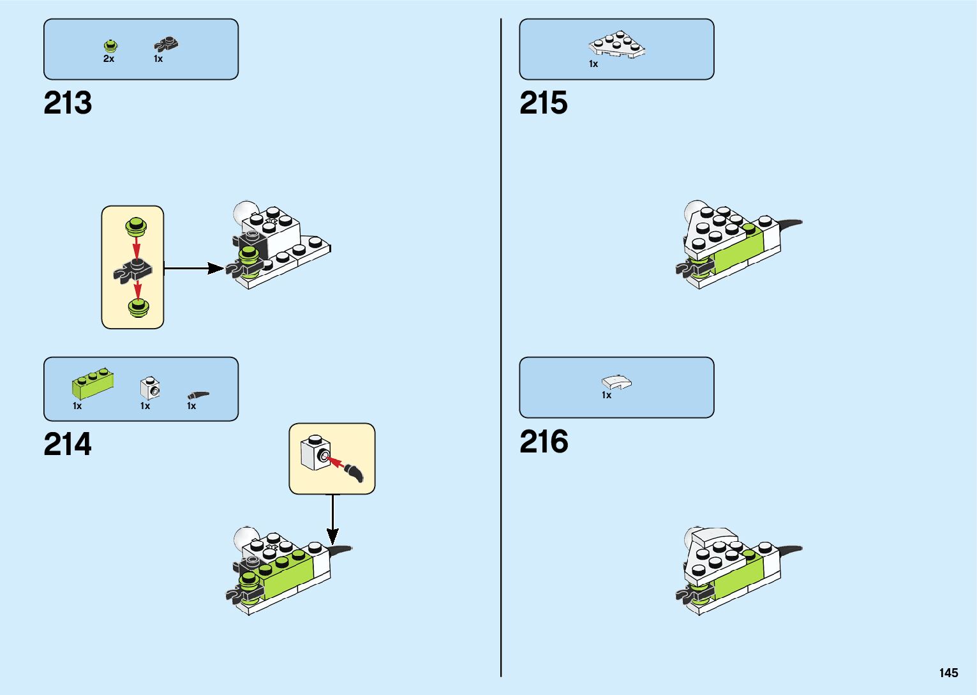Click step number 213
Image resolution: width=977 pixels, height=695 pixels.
tap(68, 103)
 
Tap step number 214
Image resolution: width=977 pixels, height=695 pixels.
tap(68, 444)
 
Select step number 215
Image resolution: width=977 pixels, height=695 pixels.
tap(543, 103)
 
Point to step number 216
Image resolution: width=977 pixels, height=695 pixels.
tap(544, 442)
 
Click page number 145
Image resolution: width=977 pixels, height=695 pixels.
tap(948, 673)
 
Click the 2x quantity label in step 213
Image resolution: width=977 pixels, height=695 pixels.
tap(108, 59)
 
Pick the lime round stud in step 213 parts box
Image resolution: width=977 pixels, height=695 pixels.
tap(111, 45)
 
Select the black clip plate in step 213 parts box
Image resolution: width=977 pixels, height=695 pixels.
tap(166, 44)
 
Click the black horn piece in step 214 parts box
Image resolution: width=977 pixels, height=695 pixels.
tap(198, 395)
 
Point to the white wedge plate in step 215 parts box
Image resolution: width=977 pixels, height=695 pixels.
tap(616, 44)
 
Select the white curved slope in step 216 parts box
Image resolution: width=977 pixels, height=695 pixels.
tap(616, 382)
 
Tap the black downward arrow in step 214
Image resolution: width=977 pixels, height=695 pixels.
tap(332, 520)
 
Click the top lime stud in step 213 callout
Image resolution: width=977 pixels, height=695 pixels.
tap(136, 225)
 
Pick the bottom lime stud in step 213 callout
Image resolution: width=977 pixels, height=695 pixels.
tap(137, 308)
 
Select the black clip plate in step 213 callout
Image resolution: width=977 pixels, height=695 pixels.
tap(133, 270)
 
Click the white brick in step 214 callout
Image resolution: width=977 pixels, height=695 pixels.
tap(315, 452)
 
